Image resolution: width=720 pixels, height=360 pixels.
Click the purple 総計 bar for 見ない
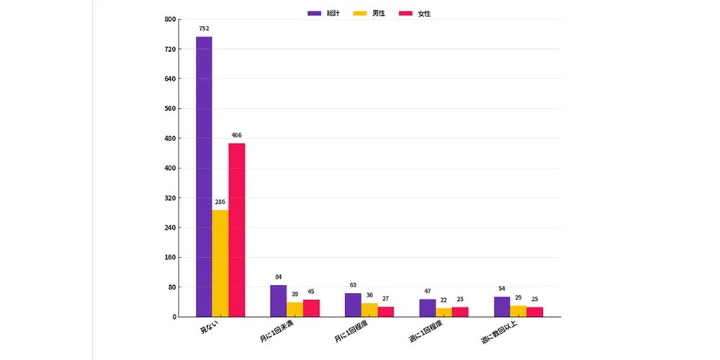tap(204, 177)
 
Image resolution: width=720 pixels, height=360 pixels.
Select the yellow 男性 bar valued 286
tap(220, 264)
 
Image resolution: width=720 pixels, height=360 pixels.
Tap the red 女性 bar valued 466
tap(237, 230)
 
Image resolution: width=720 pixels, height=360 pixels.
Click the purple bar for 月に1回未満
tap(278, 301)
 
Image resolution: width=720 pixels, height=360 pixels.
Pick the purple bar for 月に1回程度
tap(353, 305)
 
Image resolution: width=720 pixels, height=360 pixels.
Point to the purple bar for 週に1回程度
tap(428, 308)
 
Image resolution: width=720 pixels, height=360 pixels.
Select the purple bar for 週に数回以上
tap(502, 307)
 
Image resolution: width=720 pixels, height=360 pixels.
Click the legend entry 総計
tap(324, 13)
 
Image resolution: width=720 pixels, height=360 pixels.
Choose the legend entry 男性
tap(369, 13)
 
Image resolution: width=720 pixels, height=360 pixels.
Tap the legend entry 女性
tap(415, 13)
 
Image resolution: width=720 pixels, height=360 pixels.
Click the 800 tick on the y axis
tap(171, 19)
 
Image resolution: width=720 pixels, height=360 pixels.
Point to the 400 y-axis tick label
tap(171, 168)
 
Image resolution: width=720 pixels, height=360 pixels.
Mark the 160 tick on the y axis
tap(171, 257)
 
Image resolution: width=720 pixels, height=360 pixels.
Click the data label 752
tap(204, 29)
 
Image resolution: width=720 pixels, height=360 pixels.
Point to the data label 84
tap(278, 277)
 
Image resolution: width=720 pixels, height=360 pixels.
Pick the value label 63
tap(353, 285)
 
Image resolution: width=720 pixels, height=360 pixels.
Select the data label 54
tap(502, 289)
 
